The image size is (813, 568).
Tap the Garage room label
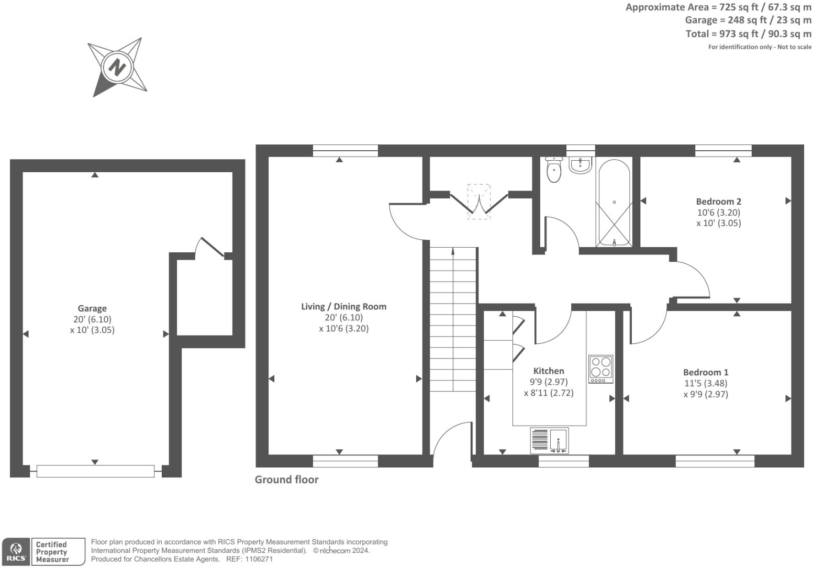coord(92,308)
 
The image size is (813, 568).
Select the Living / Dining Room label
coord(343,306)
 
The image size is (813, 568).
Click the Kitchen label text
coord(548,371)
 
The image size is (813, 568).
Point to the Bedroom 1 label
coord(705,372)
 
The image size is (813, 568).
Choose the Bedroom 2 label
coord(718,201)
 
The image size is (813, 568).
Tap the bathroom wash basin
coord(580,165)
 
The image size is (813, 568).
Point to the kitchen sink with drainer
coord(549,440)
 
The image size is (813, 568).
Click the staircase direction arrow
coord(453,253)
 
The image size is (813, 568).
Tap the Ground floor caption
coord(286,480)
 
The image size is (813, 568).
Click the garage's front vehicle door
coord(95,471)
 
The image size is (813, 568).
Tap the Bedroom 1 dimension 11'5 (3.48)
coord(705,383)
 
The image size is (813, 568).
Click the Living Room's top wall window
coord(345,151)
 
